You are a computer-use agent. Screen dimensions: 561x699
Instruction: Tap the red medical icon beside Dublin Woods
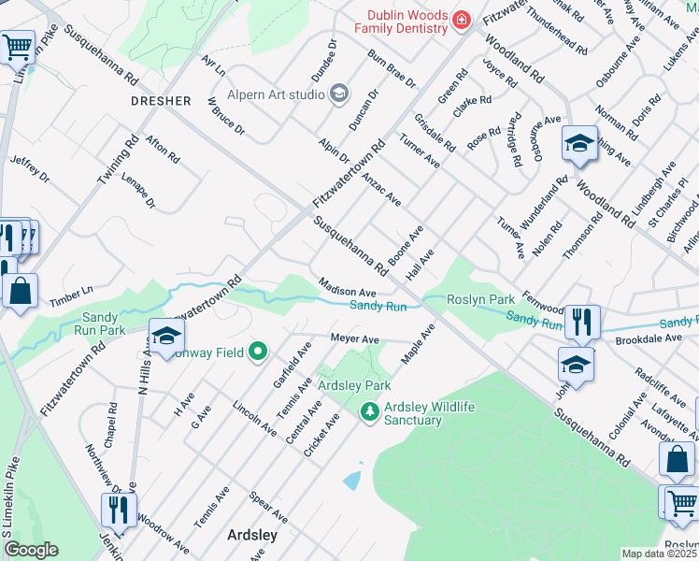coord(460,20)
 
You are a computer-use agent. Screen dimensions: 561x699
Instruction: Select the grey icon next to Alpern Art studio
coord(338,92)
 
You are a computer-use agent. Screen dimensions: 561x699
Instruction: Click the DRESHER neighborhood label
coord(161,100)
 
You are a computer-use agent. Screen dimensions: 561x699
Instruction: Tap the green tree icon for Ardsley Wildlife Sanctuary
coord(370,411)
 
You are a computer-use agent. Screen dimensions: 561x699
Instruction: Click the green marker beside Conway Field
coord(258,352)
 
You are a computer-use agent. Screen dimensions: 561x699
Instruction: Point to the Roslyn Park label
coord(481,299)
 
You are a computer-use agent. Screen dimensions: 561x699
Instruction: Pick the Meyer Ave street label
coord(354,338)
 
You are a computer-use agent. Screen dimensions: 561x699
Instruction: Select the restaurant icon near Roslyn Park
coord(582,323)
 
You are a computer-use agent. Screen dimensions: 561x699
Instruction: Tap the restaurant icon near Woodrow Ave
coord(118,510)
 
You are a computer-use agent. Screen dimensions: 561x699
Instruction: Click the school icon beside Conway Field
coord(165,337)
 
